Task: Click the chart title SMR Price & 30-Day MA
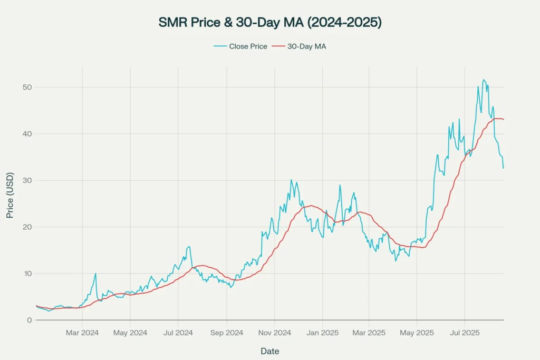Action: click(x=270, y=23)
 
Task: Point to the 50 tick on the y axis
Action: click(x=26, y=87)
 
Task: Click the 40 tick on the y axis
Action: click(x=26, y=134)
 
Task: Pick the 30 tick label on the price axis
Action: click(x=26, y=180)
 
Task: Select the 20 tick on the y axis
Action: click(x=26, y=227)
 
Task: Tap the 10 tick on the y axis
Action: click(x=26, y=274)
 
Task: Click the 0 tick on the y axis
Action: click(x=28, y=320)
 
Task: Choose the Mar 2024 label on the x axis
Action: click(x=82, y=333)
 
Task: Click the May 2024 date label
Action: click(x=130, y=333)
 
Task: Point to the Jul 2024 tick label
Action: click(x=178, y=333)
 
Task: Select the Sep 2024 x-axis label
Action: click(x=226, y=333)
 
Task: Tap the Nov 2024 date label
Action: click(x=274, y=333)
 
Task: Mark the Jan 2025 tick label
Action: click(x=322, y=333)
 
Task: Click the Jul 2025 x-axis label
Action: click(x=465, y=333)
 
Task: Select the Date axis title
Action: click(x=269, y=351)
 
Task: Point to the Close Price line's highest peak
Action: click(x=484, y=80)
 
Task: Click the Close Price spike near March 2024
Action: click(x=95, y=274)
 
